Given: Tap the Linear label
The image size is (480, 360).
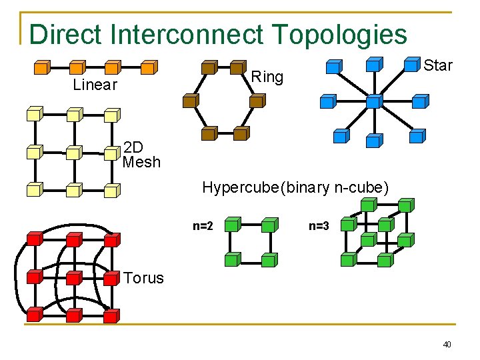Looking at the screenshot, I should [95, 85].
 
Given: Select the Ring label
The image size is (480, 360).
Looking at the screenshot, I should [267, 77].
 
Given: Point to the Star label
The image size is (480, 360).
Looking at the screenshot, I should [438, 65].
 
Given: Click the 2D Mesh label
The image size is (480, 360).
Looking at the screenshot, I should [141, 154].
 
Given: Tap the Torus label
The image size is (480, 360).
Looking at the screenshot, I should [143, 278].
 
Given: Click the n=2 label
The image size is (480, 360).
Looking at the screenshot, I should [203, 226].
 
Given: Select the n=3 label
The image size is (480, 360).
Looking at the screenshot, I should [319, 226].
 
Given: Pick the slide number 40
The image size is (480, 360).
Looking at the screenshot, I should [447, 345].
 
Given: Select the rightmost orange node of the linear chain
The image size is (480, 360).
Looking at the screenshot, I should [149, 67].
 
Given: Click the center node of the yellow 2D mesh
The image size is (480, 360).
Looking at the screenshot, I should [74, 153].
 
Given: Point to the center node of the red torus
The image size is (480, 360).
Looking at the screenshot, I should [74, 277].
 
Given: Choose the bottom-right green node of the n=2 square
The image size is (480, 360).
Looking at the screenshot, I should [269, 260].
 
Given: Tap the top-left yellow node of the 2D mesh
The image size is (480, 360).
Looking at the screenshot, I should [35, 115].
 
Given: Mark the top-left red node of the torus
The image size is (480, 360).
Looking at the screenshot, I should [35, 239].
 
